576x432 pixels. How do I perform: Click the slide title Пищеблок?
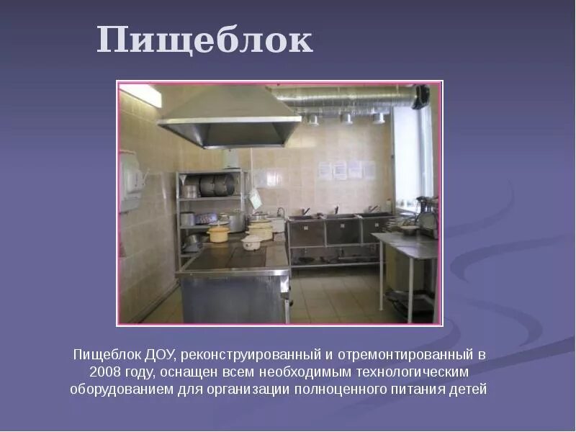(204, 40)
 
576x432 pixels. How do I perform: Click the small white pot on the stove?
(252, 243)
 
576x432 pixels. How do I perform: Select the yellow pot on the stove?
(218, 233)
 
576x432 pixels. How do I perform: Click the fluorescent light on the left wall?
(141, 96)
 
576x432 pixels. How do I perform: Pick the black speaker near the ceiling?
(420, 96)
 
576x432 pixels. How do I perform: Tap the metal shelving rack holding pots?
(210, 209)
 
